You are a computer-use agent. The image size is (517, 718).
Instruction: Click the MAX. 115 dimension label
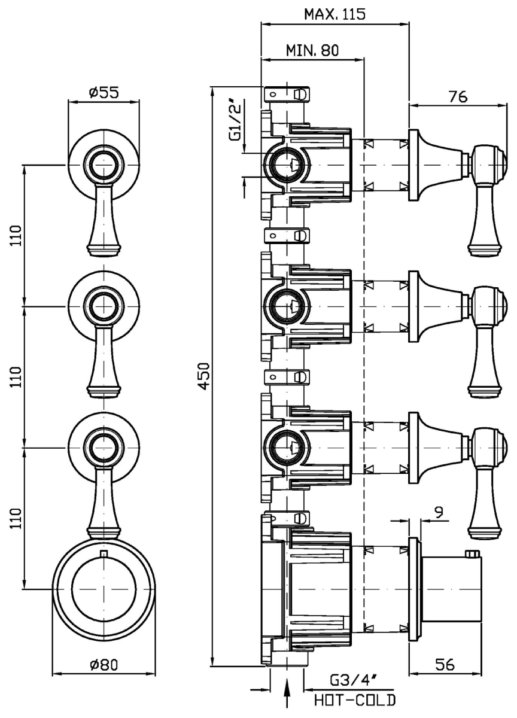pyautogui.click(x=334, y=14)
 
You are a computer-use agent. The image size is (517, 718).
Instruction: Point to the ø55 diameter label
pyautogui.click(x=104, y=92)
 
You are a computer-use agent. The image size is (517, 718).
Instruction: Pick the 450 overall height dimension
pyautogui.click(x=203, y=376)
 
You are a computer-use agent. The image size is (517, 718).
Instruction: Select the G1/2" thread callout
pyautogui.click(x=237, y=122)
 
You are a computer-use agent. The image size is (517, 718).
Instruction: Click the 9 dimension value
pyautogui.click(x=439, y=512)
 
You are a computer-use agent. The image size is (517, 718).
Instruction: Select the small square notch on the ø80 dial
pyautogui.click(x=104, y=553)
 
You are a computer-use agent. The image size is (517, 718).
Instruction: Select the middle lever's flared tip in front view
pyautogui.click(x=104, y=390)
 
